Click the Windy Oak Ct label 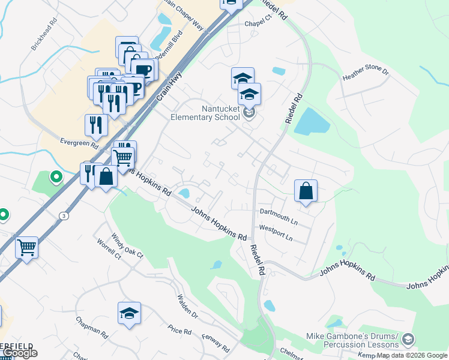pos(127,247)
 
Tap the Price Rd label pos(179,331)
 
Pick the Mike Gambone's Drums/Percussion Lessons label pos(352,340)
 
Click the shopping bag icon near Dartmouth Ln pos(306,191)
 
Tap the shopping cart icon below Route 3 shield pos(26,247)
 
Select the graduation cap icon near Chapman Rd pos(129,313)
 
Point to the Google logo pos(19,353)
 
